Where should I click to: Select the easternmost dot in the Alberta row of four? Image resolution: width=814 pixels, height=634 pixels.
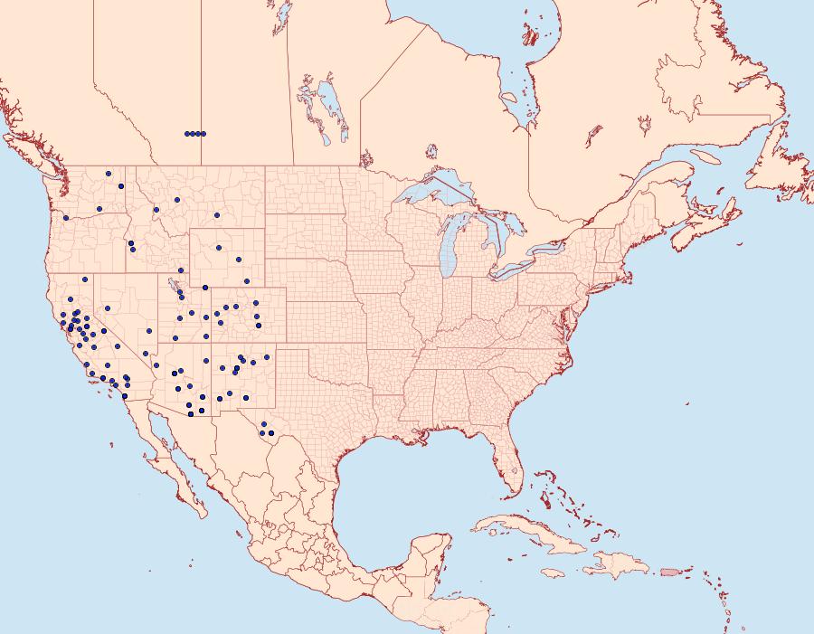pyautogui.click(x=203, y=134)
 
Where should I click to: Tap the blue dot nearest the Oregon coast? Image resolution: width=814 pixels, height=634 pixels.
pyautogui.click(x=66, y=218)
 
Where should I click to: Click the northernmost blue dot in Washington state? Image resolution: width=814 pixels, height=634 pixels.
pyautogui.click(x=108, y=173)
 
